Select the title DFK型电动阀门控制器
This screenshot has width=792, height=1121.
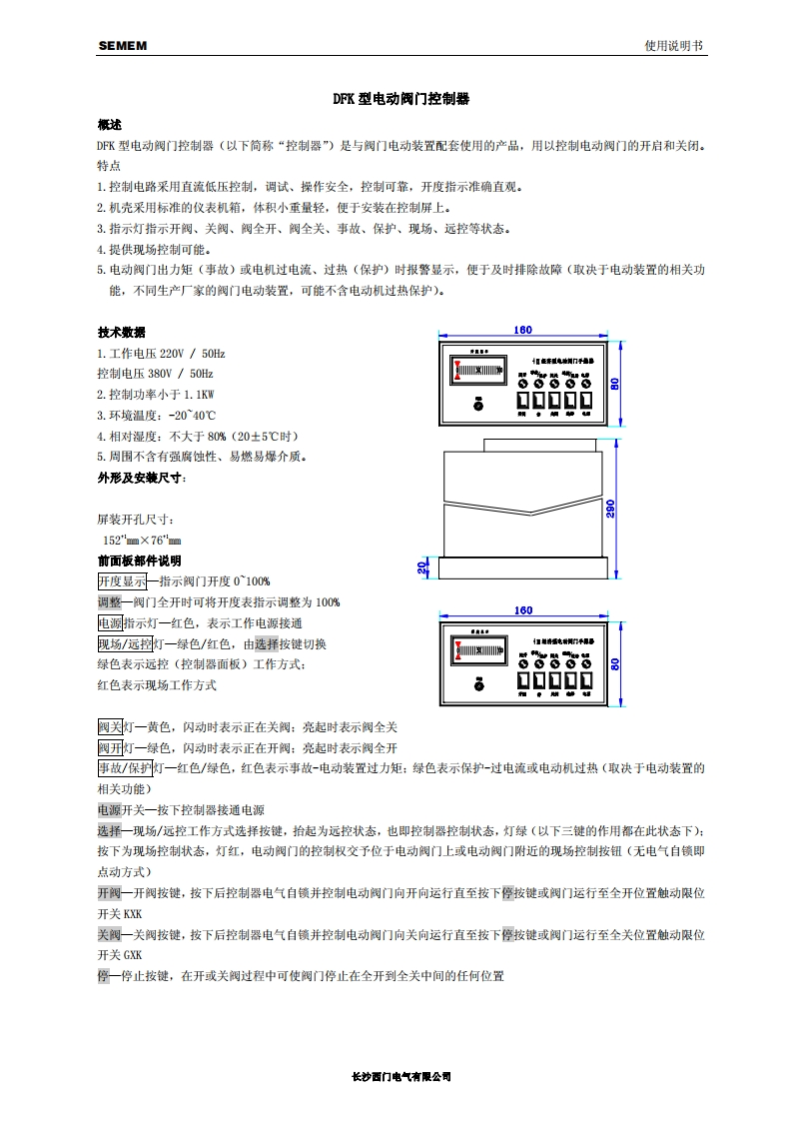pos(400,100)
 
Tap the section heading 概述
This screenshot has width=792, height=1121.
pos(109,125)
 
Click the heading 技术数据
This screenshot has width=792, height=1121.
pos(121,333)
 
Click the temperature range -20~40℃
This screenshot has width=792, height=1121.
pos(190,415)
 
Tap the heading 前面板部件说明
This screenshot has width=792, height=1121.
pos(139,560)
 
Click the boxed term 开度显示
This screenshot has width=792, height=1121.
pos(122,581)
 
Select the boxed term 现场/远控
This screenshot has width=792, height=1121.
pos(125,643)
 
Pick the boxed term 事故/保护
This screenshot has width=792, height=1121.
pos(125,768)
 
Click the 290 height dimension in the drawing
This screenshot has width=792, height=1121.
pos(610,509)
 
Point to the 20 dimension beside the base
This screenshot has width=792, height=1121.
pos(422,566)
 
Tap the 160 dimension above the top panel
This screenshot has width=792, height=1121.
pos(522,330)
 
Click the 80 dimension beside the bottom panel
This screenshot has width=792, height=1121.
pos(616,663)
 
